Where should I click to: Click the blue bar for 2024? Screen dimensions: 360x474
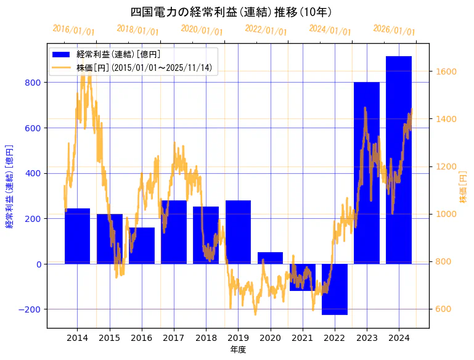399,160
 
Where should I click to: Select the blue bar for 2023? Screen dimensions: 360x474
367,173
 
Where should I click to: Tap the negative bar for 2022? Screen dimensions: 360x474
335,289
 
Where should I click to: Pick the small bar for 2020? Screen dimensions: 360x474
270,258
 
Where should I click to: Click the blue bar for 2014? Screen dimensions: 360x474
77,236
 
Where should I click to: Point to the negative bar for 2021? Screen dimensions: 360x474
302,277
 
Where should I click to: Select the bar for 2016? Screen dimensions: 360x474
142,245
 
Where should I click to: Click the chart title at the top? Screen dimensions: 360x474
232,12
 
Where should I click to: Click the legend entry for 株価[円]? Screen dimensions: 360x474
144,68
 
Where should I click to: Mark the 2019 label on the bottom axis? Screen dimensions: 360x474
238,338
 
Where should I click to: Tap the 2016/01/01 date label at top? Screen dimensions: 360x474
73,30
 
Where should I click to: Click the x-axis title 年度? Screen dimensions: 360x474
238,350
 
